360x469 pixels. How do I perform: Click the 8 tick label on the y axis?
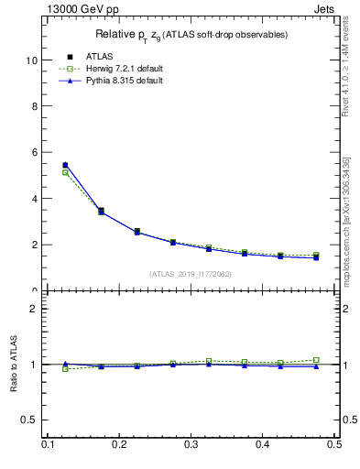33,106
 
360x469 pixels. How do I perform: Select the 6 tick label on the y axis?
33,152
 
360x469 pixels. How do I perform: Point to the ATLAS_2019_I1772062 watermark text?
190,274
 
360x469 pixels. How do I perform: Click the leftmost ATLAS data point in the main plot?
65,165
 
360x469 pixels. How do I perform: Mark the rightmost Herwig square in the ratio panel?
316,360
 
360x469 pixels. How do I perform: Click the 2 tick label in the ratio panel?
33,309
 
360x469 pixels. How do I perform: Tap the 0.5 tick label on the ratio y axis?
29,420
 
